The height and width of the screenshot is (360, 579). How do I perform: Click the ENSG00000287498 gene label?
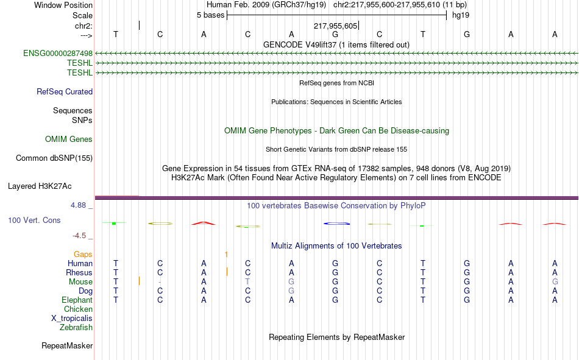[x=58, y=53]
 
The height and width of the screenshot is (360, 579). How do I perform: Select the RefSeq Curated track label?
[x=65, y=91]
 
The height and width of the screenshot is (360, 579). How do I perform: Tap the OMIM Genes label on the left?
[x=69, y=139]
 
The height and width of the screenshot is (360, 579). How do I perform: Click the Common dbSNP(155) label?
[x=54, y=158]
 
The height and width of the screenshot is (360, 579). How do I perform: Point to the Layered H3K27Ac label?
[x=40, y=186]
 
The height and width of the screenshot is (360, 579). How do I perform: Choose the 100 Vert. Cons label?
[x=34, y=220]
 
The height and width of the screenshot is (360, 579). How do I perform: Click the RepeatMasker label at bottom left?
[x=67, y=345]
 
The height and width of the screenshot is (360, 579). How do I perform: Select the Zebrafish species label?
[x=76, y=327]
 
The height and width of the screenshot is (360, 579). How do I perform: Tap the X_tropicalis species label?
[x=72, y=319]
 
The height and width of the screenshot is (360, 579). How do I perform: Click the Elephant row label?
[x=77, y=300]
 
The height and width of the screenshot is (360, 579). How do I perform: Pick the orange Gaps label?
[x=83, y=254]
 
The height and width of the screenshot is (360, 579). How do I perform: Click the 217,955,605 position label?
[x=335, y=26]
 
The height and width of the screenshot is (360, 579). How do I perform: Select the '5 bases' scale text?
[x=210, y=15]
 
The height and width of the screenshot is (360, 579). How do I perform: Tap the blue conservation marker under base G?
[x=336, y=224]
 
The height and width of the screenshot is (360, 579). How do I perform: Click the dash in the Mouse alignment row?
[x=160, y=282]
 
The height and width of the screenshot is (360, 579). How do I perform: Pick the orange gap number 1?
[x=226, y=254]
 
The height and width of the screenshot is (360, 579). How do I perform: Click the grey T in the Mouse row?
[x=247, y=281]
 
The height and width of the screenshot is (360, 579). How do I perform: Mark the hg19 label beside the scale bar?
[x=461, y=15]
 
